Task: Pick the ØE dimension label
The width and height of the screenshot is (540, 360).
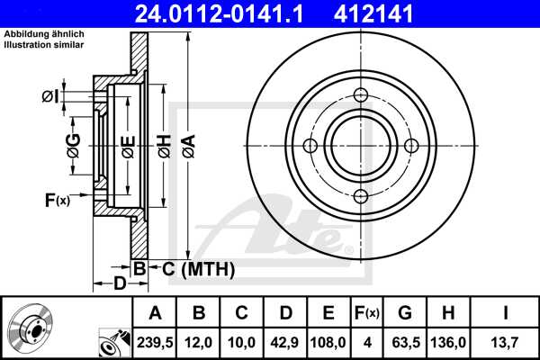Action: click(x=129, y=146)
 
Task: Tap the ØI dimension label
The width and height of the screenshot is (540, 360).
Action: click(x=53, y=96)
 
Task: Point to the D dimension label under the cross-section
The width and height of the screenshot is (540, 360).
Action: click(x=120, y=284)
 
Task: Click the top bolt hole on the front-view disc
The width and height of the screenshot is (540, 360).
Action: click(x=361, y=96)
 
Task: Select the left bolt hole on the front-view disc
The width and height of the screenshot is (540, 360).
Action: click(x=310, y=147)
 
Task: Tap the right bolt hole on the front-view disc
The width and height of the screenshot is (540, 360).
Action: click(x=411, y=147)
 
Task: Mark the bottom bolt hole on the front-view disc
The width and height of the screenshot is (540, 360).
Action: click(x=361, y=197)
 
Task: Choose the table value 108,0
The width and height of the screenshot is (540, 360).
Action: click(x=328, y=343)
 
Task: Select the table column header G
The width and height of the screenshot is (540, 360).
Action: click(x=405, y=312)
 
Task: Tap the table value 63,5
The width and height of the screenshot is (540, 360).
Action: click(x=405, y=343)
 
